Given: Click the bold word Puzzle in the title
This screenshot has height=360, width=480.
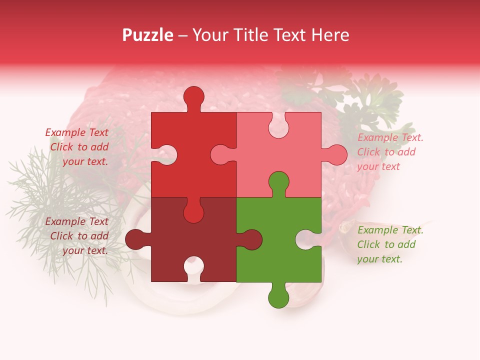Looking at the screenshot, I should (147, 35).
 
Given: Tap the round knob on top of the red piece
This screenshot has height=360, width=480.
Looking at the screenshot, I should (194, 97).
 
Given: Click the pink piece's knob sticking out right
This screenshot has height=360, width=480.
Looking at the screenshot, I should (336, 155).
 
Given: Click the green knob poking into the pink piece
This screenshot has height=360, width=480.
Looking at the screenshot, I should (278, 182).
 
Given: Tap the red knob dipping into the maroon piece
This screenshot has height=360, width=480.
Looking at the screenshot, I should (194, 212).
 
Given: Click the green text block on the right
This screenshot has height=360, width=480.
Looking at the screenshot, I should (390, 244).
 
